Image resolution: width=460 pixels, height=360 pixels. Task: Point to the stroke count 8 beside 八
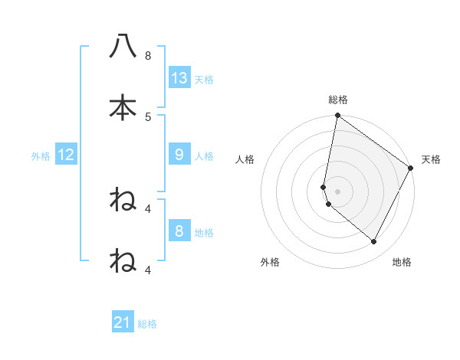[x=148, y=56]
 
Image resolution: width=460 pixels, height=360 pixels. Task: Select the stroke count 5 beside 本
[x=148, y=116]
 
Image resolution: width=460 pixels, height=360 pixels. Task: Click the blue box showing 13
[x=179, y=77]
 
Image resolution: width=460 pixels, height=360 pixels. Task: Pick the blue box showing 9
[x=179, y=155]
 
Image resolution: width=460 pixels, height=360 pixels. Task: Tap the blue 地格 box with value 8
[x=179, y=231]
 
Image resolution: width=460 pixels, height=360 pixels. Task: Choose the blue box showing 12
[x=66, y=155]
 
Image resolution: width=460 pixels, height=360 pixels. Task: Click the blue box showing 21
[x=123, y=322]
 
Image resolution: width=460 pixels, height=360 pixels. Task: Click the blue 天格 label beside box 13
[x=204, y=79]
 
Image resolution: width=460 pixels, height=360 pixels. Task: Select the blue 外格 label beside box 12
[x=41, y=156]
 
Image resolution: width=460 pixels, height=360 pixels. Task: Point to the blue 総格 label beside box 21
[x=147, y=324]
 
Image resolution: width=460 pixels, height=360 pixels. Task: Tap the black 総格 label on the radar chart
[x=338, y=100]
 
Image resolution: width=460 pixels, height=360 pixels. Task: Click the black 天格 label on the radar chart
[x=431, y=159]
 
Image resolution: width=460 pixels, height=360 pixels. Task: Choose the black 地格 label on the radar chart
[x=402, y=262]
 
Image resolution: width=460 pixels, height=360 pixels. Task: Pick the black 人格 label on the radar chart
[x=245, y=159]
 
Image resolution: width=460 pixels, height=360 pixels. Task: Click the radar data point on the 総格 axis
[x=337, y=116]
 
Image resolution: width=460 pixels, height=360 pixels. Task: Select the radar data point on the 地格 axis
[x=373, y=242]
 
